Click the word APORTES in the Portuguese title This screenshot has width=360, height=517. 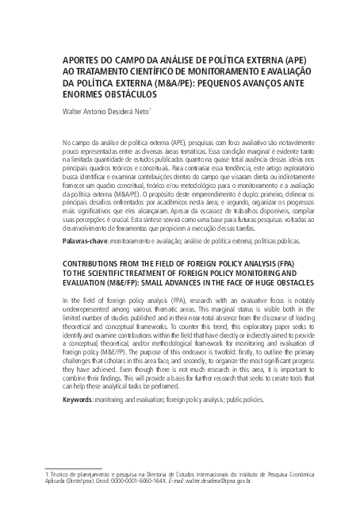81,59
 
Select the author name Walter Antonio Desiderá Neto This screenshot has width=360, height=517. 109,112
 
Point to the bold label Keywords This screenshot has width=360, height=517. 80,419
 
